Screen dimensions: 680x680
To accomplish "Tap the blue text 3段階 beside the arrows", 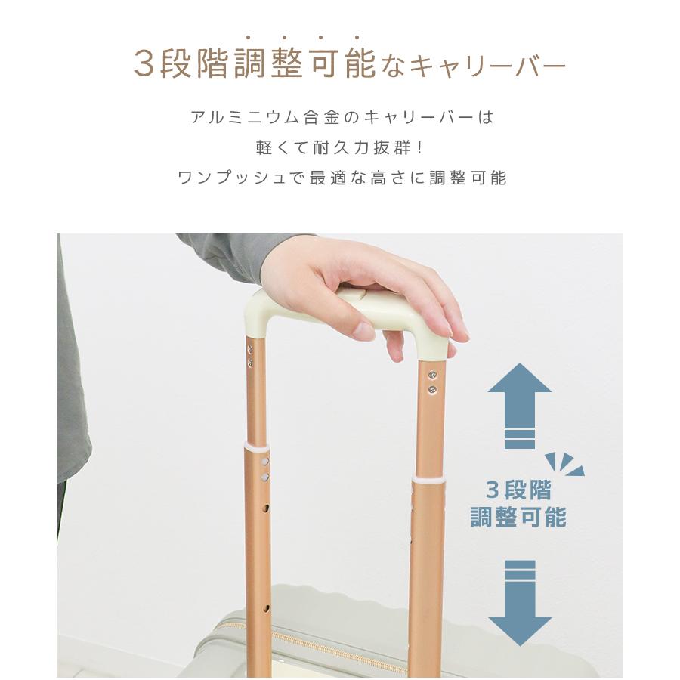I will [x=518, y=490].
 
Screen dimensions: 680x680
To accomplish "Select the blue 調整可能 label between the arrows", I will [x=518, y=518].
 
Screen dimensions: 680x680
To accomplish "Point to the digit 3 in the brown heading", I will [x=144, y=65].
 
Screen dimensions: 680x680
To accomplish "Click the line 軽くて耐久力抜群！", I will [x=340, y=148].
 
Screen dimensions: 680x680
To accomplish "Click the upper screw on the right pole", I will [x=432, y=375].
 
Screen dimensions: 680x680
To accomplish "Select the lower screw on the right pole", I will [x=432, y=389].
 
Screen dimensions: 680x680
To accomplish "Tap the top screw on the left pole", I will [x=249, y=350].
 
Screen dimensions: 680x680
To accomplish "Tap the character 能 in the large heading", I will [x=359, y=65].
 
